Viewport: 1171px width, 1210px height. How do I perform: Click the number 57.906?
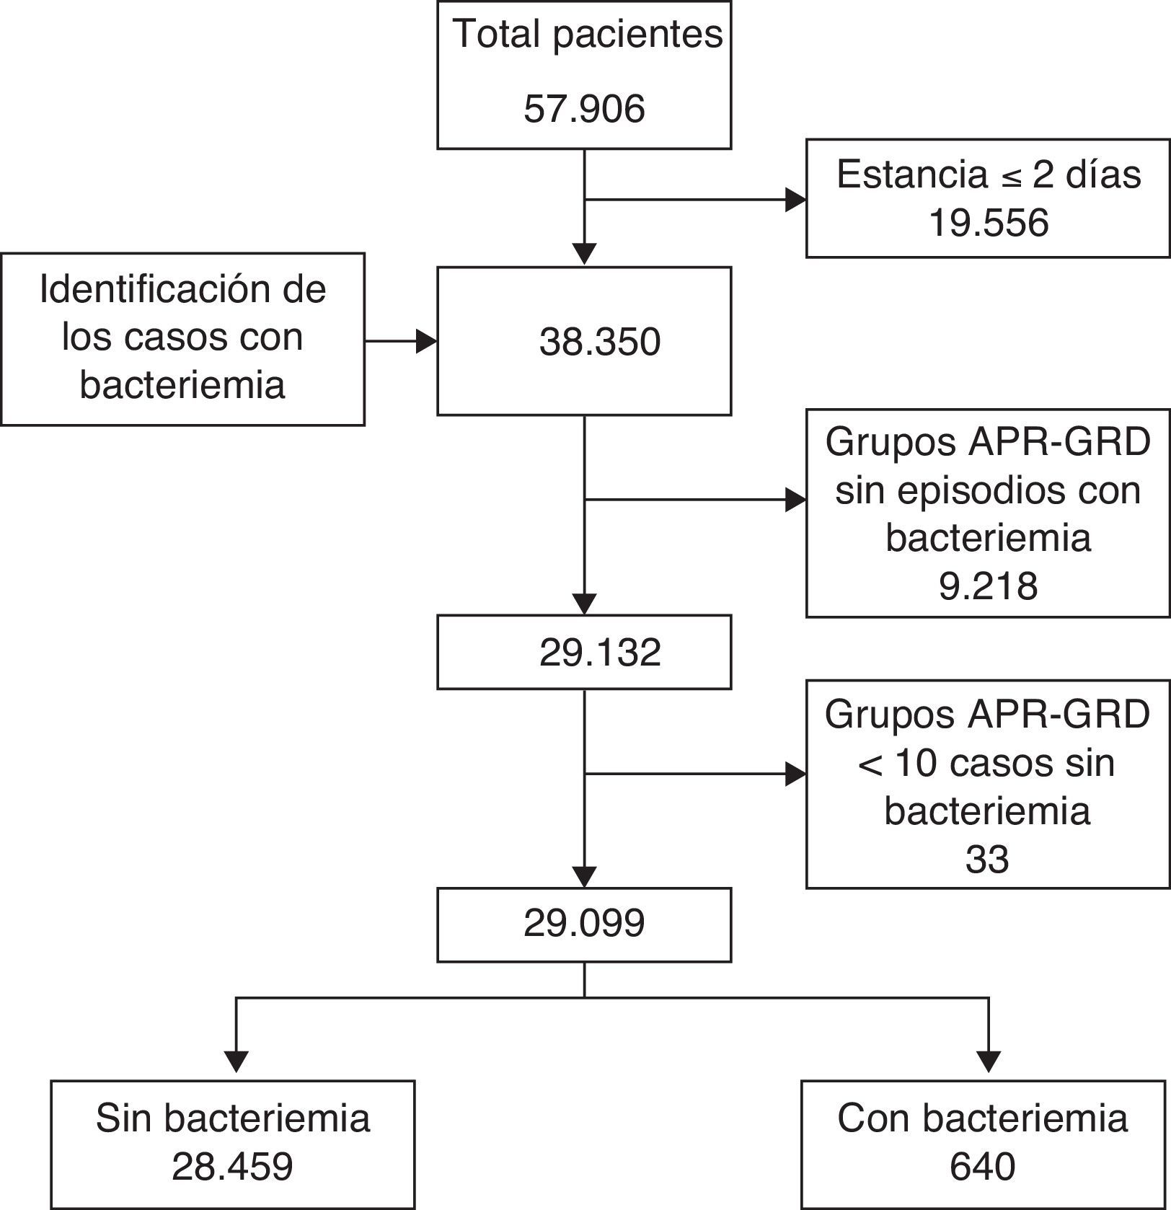[x=584, y=109]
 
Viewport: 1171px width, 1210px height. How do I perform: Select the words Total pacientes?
[x=588, y=34]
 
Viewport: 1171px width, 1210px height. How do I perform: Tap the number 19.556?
[x=988, y=223]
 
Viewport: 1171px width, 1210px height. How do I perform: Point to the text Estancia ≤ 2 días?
[x=989, y=175]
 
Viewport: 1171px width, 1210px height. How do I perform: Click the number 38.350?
[x=600, y=342]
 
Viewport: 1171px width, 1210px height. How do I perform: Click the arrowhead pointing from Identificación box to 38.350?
[x=427, y=342]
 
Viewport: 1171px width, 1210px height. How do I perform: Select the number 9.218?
[x=988, y=586]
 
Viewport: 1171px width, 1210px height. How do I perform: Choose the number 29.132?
[x=600, y=653]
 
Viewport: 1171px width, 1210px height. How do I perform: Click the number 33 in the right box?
[x=986, y=860]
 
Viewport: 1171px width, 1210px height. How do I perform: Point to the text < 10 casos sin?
[x=986, y=763]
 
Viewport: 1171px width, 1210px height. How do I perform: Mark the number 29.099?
[x=584, y=924]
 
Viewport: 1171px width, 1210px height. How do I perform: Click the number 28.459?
[x=232, y=1167]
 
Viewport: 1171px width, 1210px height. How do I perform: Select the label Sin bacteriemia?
[x=232, y=1118]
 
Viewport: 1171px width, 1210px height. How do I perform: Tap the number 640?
[x=982, y=1167]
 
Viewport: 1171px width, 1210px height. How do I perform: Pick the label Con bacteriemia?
[x=982, y=1118]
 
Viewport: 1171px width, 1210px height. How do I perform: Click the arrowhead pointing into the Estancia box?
[x=796, y=200]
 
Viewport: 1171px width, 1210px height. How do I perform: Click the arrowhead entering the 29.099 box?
[x=584, y=876]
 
